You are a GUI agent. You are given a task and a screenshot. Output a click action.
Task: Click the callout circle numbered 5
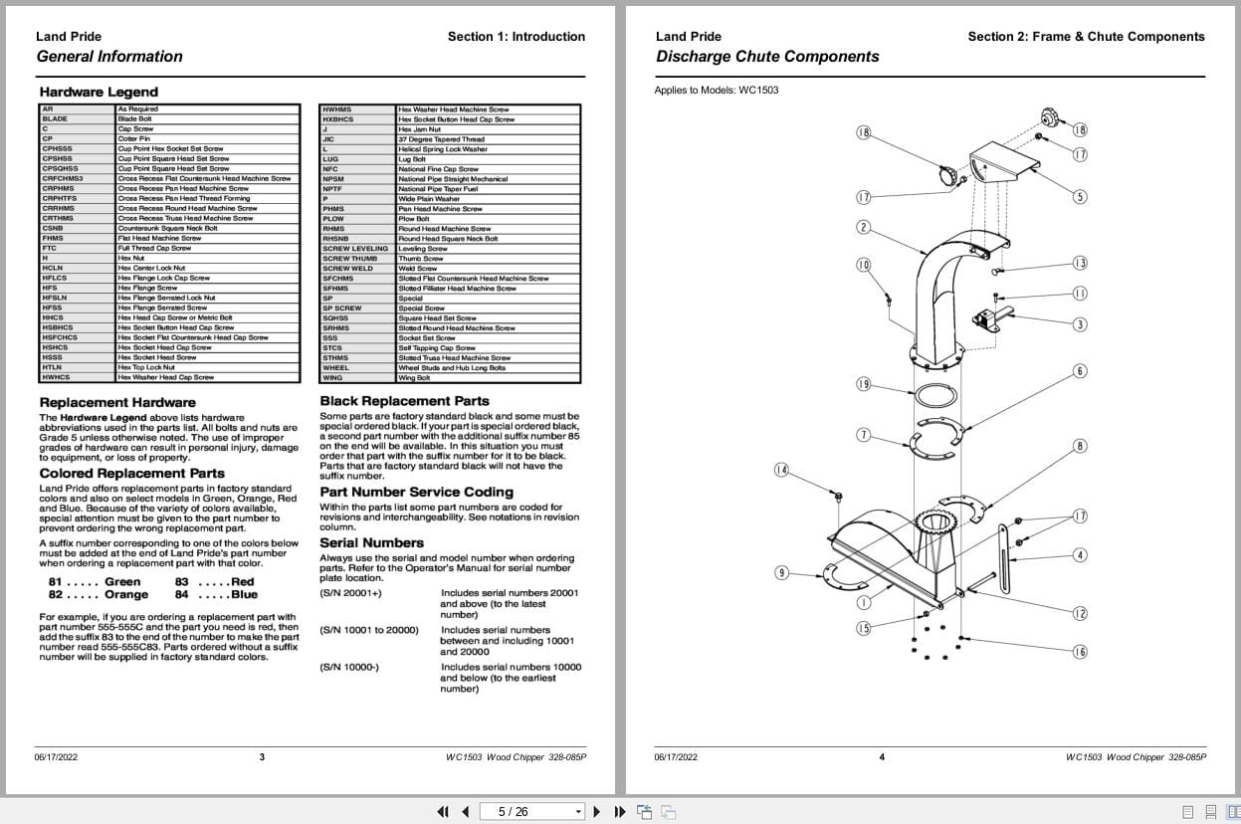(1080, 197)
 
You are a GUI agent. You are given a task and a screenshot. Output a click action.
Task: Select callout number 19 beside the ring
(863, 384)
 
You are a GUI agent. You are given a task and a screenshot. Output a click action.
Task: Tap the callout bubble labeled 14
(781, 470)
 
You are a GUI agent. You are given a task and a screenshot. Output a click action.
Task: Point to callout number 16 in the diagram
(1080, 652)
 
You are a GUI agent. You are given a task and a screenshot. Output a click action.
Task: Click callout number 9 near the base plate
(782, 572)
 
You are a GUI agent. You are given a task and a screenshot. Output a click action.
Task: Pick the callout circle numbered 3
(1080, 324)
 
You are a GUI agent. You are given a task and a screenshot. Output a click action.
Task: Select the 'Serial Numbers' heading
(371, 543)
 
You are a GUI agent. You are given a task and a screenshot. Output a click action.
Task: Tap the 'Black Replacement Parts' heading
(404, 401)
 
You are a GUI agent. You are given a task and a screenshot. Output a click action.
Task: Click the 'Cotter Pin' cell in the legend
(134, 139)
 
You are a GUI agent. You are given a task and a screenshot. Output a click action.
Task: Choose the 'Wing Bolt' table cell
(414, 378)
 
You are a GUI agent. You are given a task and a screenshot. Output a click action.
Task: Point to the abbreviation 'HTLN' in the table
(53, 367)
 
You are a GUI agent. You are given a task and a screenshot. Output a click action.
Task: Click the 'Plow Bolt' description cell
(414, 219)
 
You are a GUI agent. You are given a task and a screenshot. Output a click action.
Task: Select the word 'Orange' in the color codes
(126, 595)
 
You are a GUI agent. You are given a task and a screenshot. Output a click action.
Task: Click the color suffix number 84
(181, 595)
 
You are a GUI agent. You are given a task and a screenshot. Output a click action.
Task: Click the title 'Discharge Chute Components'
(767, 57)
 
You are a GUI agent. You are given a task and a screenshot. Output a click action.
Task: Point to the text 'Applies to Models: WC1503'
(716, 91)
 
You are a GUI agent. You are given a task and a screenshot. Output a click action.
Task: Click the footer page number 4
(882, 757)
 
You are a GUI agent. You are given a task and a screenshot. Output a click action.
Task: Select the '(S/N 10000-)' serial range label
(348, 667)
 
